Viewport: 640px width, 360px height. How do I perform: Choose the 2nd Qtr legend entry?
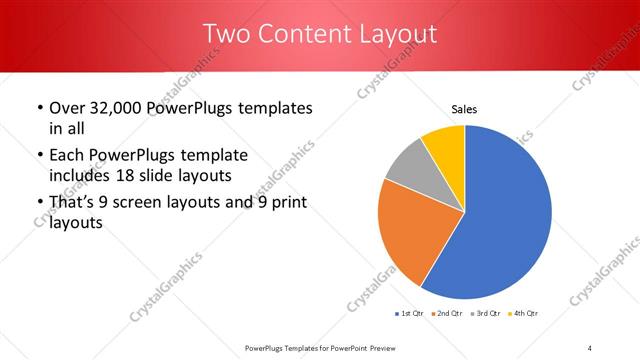[x=446, y=314]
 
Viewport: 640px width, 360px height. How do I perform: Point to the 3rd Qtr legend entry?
[x=485, y=314]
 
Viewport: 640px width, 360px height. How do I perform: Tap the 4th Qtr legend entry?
[x=524, y=314]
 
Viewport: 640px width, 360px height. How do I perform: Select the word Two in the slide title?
[x=229, y=35]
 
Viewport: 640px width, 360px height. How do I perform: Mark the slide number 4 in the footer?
[x=590, y=347]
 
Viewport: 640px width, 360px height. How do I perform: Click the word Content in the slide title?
[x=297, y=35]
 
